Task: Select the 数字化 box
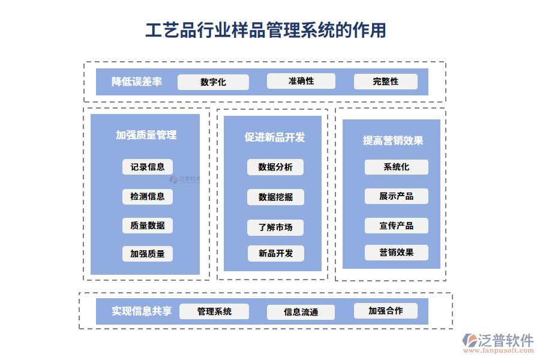(x=213, y=82)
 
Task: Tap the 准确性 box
(x=301, y=81)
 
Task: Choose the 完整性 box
(x=385, y=82)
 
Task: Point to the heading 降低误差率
(x=137, y=82)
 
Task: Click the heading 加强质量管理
(x=146, y=135)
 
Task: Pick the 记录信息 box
(x=148, y=167)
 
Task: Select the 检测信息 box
(x=148, y=196)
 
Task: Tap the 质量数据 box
(x=148, y=226)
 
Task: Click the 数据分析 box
(x=275, y=167)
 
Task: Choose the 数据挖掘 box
(x=275, y=197)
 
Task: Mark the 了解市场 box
(x=275, y=227)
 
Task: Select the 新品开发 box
(x=276, y=254)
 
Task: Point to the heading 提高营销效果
(x=393, y=140)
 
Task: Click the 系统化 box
(x=396, y=167)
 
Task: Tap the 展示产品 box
(x=396, y=196)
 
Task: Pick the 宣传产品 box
(x=396, y=226)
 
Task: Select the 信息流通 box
(x=301, y=312)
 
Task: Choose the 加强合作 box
(x=385, y=311)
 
